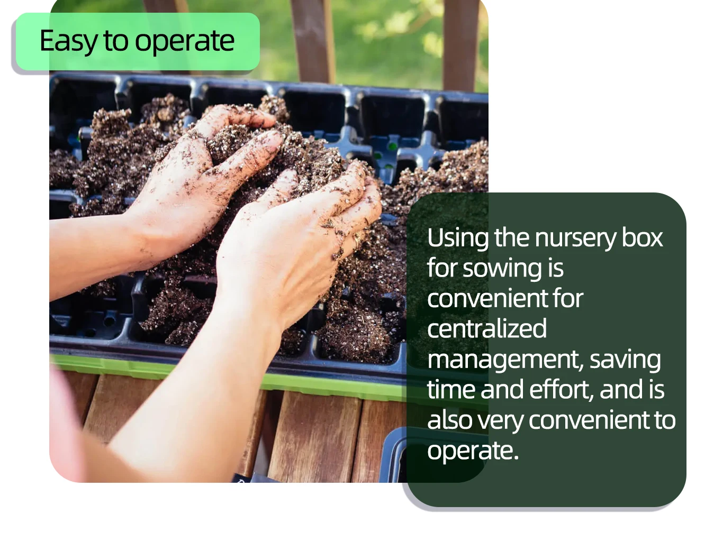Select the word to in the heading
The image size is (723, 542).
pos(115,41)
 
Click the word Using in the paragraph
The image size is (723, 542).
pos(457,238)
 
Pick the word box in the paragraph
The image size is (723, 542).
pos(642,238)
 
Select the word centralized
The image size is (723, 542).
pos(486,329)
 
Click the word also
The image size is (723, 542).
pos(450,420)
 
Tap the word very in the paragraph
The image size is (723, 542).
pos(501,420)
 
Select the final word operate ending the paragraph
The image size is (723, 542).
pos(472,451)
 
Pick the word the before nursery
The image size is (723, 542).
pos(512,238)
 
